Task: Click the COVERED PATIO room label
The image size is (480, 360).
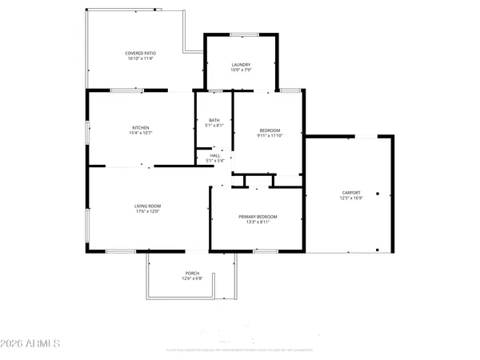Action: [140, 52]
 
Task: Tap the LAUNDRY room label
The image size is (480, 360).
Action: [242, 65]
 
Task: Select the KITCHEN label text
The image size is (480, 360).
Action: [141, 127]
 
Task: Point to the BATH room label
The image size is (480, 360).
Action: [214, 120]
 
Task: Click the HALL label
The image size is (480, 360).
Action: [214, 155]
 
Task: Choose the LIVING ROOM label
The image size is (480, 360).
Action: [147, 206]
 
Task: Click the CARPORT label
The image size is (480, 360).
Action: [350, 193]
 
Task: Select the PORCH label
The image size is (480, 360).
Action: [193, 273]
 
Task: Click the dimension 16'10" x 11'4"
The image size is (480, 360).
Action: [140, 58]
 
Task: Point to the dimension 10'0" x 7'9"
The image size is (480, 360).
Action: [242, 70]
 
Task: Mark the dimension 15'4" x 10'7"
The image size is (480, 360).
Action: [141, 133]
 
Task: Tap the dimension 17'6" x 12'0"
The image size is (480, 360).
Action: [147, 212]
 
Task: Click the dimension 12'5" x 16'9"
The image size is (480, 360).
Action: [350, 198]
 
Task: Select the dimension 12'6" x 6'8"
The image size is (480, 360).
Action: [193, 278]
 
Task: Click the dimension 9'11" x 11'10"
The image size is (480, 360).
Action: [270, 136]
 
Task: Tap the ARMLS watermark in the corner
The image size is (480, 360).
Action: [32, 344]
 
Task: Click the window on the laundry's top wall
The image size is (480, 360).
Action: [243, 34]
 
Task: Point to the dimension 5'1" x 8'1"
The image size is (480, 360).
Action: [214, 126]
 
